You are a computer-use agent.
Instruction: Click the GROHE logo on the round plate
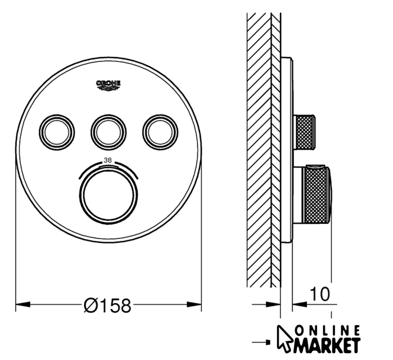pyautogui.click(x=109, y=85)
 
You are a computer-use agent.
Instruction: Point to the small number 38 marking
pyautogui.click(x=108, y=160)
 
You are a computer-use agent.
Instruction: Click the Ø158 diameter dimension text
pyautogui.click(x=108, y=305)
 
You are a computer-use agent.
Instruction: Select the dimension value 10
pyautogui.click(x=320, y=294)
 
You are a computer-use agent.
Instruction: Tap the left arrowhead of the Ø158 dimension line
pyautogui.click(x=23, y=304)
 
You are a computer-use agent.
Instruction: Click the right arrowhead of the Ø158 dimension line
pyautogui.click(x=194, y=304)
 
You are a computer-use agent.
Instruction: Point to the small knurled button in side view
pyautogui.click(x=305, y=132)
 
